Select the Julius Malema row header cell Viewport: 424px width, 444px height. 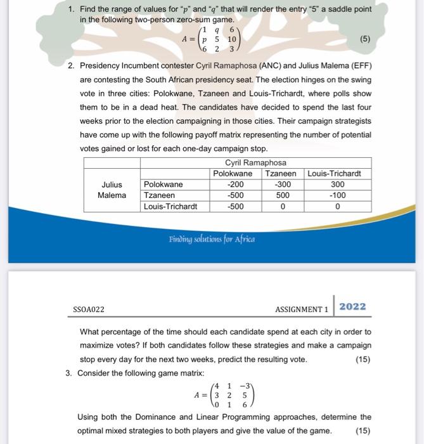click(x=112, y=190)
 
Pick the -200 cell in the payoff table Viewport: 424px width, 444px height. click(x=235, y=185)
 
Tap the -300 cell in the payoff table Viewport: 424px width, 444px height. click(x=283, y=185)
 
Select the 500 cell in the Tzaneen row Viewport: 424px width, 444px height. click(x=283, y=195)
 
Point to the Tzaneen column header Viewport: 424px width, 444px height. click(x=281, y=174)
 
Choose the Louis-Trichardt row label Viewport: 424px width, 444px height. click(x=170, y=206)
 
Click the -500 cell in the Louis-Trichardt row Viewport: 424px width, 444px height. click(x=235, y=206)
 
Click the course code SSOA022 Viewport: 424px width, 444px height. click(x=89, y=310)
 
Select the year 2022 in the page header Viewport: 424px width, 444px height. click(x=352, y=306)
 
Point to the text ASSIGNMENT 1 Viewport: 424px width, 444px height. click(x=302, y=310)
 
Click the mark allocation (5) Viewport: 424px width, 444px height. click(x=364, y=39)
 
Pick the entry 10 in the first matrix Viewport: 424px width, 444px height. click(x=232, y=39)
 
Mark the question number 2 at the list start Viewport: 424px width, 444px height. click(x=71, y=65)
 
